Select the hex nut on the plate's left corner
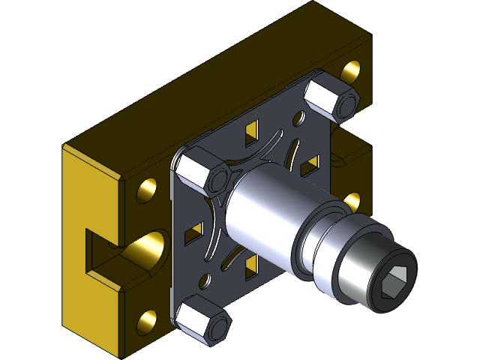(204, 172)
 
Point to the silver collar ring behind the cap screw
(319, 240)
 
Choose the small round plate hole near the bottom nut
(203, 282)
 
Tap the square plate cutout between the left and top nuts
(249, 135)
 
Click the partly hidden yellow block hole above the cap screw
(352, 200)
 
